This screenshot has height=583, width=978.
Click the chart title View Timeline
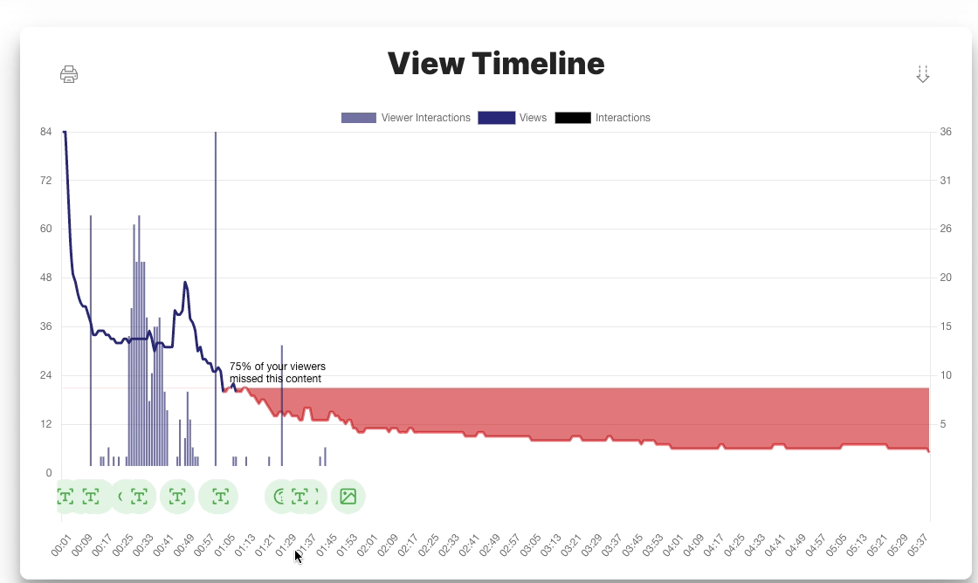(496, 64)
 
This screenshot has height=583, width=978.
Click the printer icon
(69, 74)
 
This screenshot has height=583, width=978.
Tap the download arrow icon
(922, 74)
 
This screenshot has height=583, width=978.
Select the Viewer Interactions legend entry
(406, 118)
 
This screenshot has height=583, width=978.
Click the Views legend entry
(513, 118)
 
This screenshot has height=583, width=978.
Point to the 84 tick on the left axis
(46, 132)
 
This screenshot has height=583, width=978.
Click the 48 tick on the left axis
(46, 278)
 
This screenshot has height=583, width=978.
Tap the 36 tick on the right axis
(946, 132)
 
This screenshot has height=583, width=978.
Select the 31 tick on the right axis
(946, 181)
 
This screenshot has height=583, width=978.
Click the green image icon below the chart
(348, 497)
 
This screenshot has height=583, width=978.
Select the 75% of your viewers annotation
(277, 373)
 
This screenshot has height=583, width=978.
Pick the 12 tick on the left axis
(46, 424)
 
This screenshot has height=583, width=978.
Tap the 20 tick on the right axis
(946, 278)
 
